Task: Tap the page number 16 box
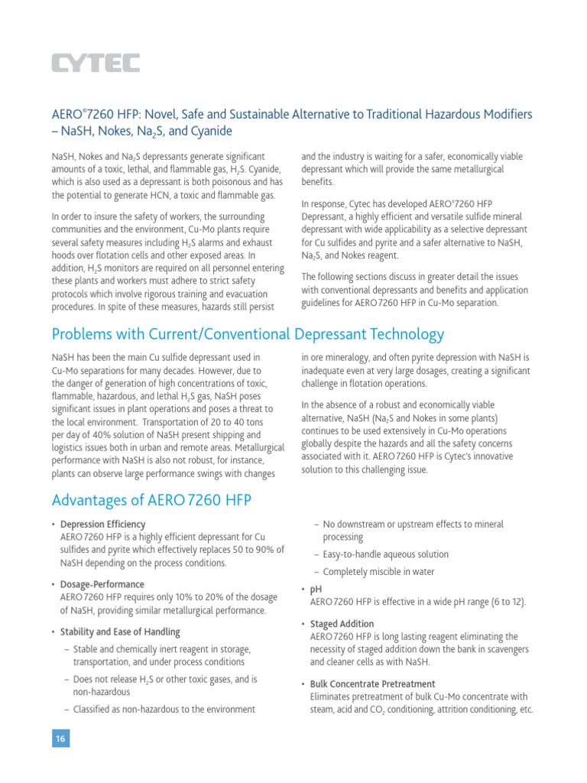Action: [x=60, y=738]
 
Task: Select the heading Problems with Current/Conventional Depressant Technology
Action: [x=247, y=334]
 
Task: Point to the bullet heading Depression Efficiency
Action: [x=102, y=525]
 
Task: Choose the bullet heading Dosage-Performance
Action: [x=103, y=585]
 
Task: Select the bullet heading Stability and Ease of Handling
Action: [x=120, y=632]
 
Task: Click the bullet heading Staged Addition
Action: [x=342, y=624]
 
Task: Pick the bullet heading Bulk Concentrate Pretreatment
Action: [x=372, y=684]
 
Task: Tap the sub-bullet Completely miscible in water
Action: [x=378, y=572]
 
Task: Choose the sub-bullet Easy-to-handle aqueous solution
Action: [x=385, y=554]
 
